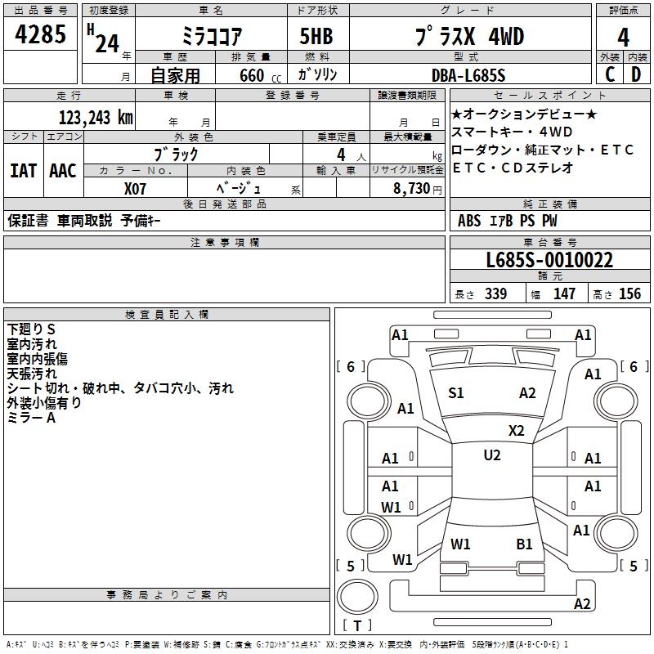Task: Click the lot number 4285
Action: tap(41, 35)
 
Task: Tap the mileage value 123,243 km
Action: tap(96, 118)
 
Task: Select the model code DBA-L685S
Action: tap(468, 75)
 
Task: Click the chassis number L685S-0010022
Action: tap(549, 261)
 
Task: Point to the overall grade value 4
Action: tap(623, 37)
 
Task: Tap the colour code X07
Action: tap(137, 188)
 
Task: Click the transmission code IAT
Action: tap(24, 171)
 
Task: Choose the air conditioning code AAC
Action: tap(63, 171)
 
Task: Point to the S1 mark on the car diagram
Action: tap(456, 393)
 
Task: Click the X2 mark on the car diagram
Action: tap(517, 430)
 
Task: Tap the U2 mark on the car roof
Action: tap(492, 455)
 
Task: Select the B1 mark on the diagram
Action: tap(524, 544)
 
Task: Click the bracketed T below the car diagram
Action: tap(357, 625)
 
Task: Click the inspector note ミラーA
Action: tap(31, 418)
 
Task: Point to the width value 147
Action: tap(564, 294)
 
